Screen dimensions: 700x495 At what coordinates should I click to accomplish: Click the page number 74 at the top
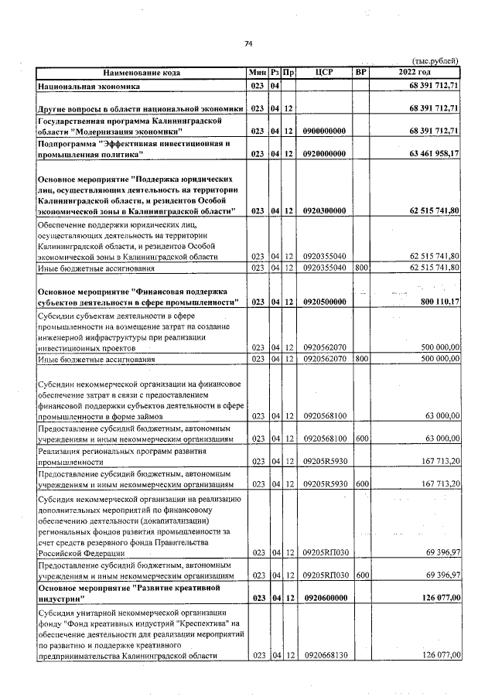pos(248,43)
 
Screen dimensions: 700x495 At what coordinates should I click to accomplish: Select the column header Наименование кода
pos(140,73)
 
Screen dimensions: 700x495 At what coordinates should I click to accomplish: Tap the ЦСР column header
pos(324,73)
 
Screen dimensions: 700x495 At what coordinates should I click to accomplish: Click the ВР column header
pos(360,73)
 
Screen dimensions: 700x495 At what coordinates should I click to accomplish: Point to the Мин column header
pos(258,73)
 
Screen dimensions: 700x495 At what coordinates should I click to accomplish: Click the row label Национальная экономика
pos(88,86)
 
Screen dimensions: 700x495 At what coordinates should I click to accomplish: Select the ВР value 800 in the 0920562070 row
pos(360,360)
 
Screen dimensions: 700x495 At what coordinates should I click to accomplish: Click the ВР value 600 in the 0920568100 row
pos(360,439)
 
